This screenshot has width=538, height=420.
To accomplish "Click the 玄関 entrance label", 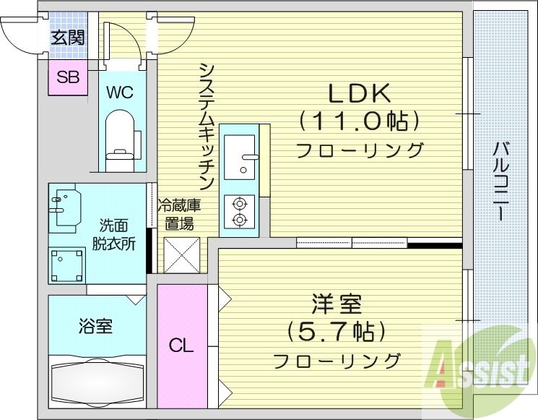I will [68, 37].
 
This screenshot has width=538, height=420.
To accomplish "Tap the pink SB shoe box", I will [68, 77].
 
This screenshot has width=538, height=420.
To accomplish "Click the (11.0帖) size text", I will [360, 119].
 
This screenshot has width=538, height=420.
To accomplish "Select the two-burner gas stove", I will [239, 210].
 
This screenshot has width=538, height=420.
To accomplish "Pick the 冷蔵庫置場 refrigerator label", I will [179, 213].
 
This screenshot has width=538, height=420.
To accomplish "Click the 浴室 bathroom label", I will [95, 327].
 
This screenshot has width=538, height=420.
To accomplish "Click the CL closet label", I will [181, 346].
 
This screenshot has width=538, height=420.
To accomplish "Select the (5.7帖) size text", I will [337, 332].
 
